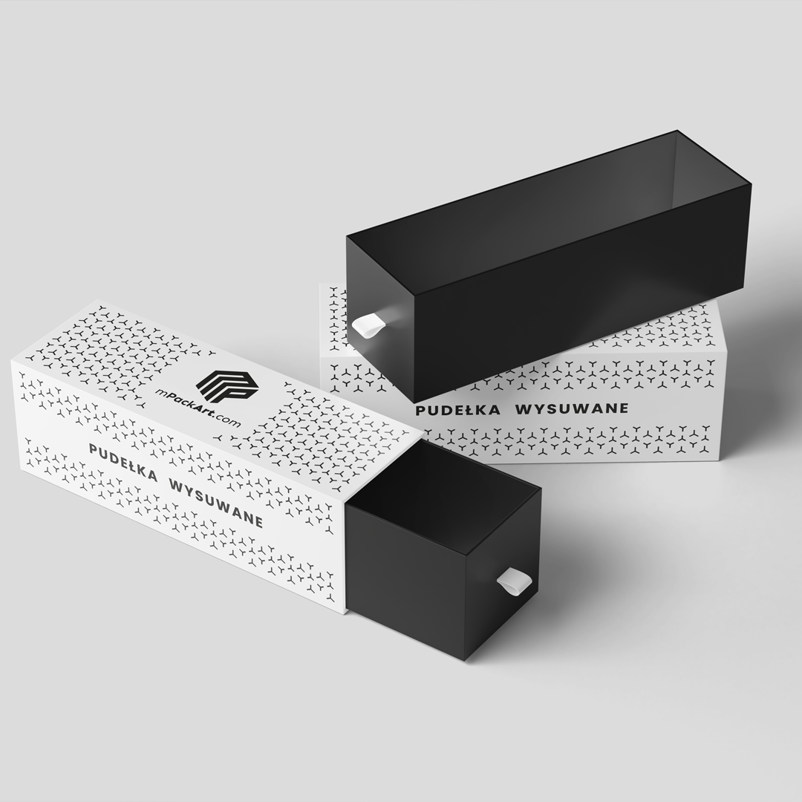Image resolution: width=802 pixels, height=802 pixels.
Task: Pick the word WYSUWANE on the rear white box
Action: coord(571,408)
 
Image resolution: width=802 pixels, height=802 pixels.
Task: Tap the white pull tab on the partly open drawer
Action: coord(512,582)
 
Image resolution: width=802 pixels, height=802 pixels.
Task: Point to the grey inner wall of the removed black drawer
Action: coord(714,173)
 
